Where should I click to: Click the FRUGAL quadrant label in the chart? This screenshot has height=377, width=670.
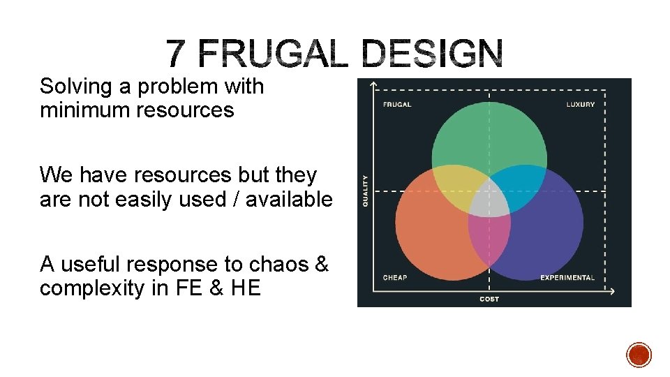(x=396, y=105)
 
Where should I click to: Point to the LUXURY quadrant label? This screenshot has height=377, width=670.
(x=581, y=105)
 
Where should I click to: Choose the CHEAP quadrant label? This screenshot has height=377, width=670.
(x=395, y=278)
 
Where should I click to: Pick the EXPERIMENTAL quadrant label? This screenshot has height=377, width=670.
(x=567, y=278)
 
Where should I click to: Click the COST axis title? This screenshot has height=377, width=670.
(x=489, y=299)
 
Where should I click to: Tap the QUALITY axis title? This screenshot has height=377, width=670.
(x=364, y=190)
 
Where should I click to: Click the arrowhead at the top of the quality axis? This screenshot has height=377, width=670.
(x=375, y=85)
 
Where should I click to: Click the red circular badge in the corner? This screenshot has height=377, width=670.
(x=639, y=355)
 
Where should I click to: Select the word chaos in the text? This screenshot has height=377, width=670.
(x=288, y=265)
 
